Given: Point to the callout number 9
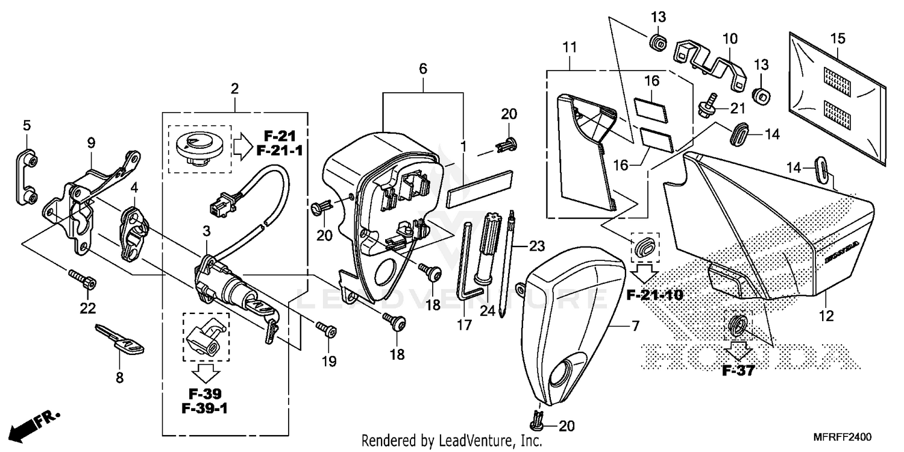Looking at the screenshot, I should point(91,143).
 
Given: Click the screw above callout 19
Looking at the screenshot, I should point(327,329).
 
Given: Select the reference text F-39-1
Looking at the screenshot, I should point(204,409).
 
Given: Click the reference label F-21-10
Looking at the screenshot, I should point(654,295).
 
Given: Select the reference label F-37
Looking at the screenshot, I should point(738,371).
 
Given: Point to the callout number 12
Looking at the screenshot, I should point(826,315).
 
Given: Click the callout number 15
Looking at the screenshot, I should point(838,39).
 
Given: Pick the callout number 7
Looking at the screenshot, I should point(635,327).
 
